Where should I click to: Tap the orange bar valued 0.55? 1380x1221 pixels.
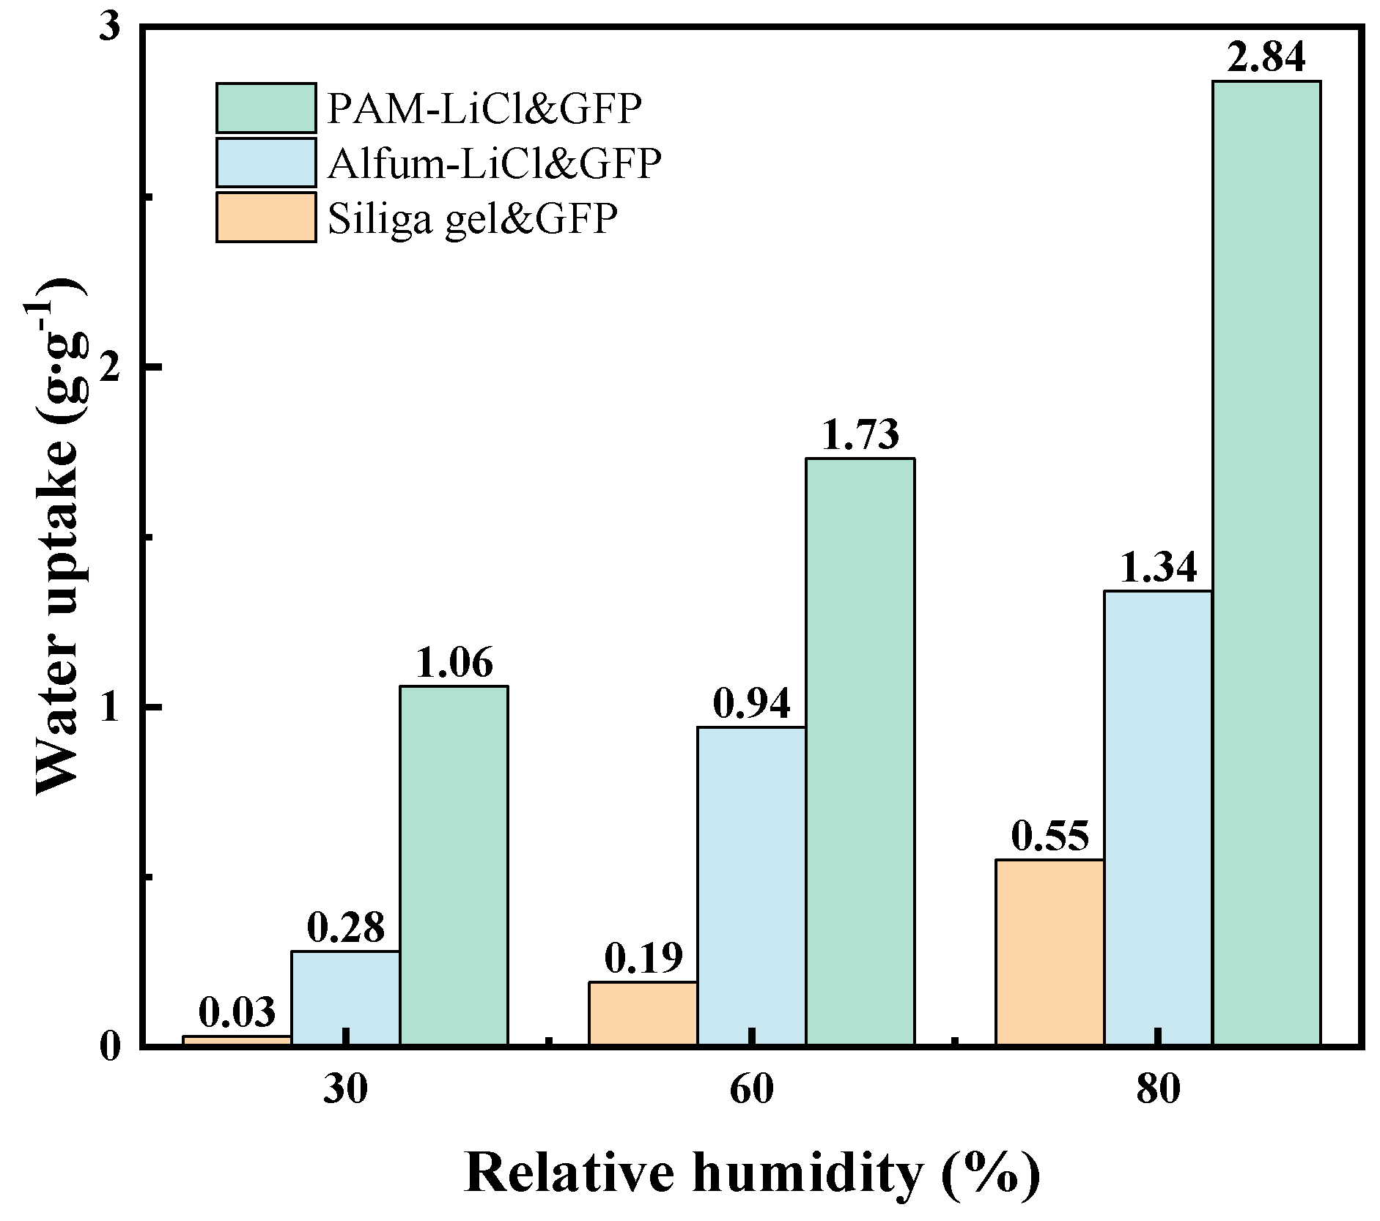[1049, 951]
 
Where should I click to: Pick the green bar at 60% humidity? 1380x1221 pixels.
[860, 751]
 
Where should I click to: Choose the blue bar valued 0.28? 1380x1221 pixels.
[345, 997]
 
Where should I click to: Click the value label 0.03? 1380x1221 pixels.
[237, 1012]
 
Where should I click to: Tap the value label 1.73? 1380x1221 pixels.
[860, 434]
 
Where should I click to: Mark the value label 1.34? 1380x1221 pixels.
[1158, 567]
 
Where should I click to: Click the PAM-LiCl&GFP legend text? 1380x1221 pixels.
[484, 108]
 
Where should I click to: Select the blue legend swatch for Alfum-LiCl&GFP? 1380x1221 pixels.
[266, 163]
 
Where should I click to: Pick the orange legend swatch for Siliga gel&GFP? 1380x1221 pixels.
[266, 217]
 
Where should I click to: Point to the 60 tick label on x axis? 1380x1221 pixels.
[751, 1089]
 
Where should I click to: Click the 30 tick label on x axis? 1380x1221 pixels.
[345, 1089]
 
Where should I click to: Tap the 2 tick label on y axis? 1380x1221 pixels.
[111, 365]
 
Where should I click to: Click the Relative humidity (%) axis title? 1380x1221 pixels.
[751, 1173]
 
